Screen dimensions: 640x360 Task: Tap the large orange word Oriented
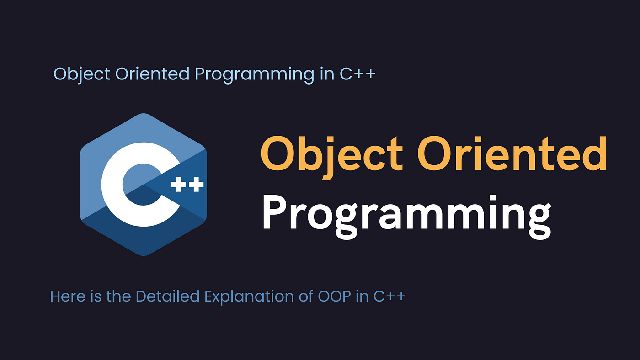point(512,154)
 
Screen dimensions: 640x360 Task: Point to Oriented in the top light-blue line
point(152,74)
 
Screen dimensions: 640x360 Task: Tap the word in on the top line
point(327,74)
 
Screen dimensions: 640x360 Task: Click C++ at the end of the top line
point(357,74)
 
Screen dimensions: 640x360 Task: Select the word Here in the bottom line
point(68,296)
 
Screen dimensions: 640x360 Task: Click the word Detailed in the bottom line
point(167,296)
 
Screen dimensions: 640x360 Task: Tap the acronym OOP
point(334,296)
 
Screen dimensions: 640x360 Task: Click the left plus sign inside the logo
point(179,185)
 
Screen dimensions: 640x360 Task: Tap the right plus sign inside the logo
point(196,185)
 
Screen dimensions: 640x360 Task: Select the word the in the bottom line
point(118,296)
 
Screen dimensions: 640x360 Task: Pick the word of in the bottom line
point(306,296)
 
